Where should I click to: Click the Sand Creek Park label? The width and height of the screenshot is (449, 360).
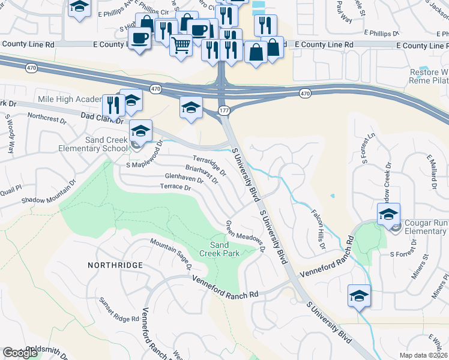pos(224,249)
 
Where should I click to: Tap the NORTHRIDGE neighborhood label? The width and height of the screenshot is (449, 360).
pos(115,265)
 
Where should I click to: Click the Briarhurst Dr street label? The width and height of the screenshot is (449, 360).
pos(201,176)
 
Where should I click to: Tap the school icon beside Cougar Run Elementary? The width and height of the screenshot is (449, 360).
pos(388,214)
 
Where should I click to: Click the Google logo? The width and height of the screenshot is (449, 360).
pos(20,353)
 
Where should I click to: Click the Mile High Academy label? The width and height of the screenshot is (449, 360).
pos(68,99)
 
